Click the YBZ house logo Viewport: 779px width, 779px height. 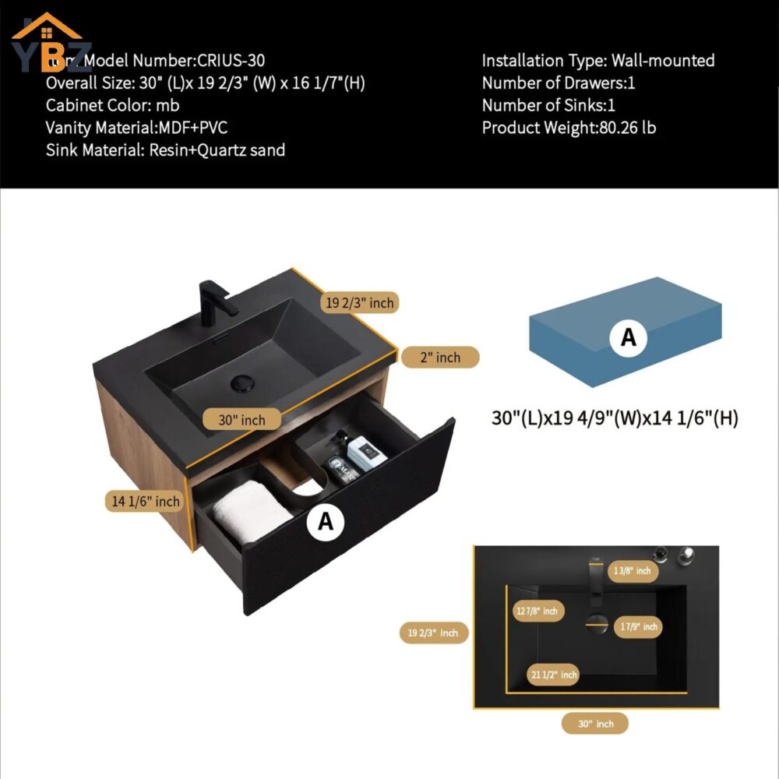(x=48, y=39)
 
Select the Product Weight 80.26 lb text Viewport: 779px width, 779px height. (x=569, y=128)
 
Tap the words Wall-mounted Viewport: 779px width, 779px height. (x=663, y=61)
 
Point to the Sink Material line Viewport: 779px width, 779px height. (x=165, y=150)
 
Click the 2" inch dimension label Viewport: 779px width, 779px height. (x=440, y=358)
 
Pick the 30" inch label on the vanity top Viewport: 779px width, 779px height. (x=241, y=420)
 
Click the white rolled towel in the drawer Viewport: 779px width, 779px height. (x=248, y=510)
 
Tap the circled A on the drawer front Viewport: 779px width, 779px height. (x=326, y=522)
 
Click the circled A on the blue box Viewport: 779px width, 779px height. (x=628, y=337)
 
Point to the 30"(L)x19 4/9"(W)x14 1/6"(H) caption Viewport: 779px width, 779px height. (x=615, y=418)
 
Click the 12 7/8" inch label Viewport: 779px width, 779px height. (x=538, y=612)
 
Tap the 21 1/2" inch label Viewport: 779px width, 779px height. (x=554, y=675)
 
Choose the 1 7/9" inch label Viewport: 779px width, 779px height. (x=638, y=626)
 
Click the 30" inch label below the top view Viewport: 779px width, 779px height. (x=595, y=724)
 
